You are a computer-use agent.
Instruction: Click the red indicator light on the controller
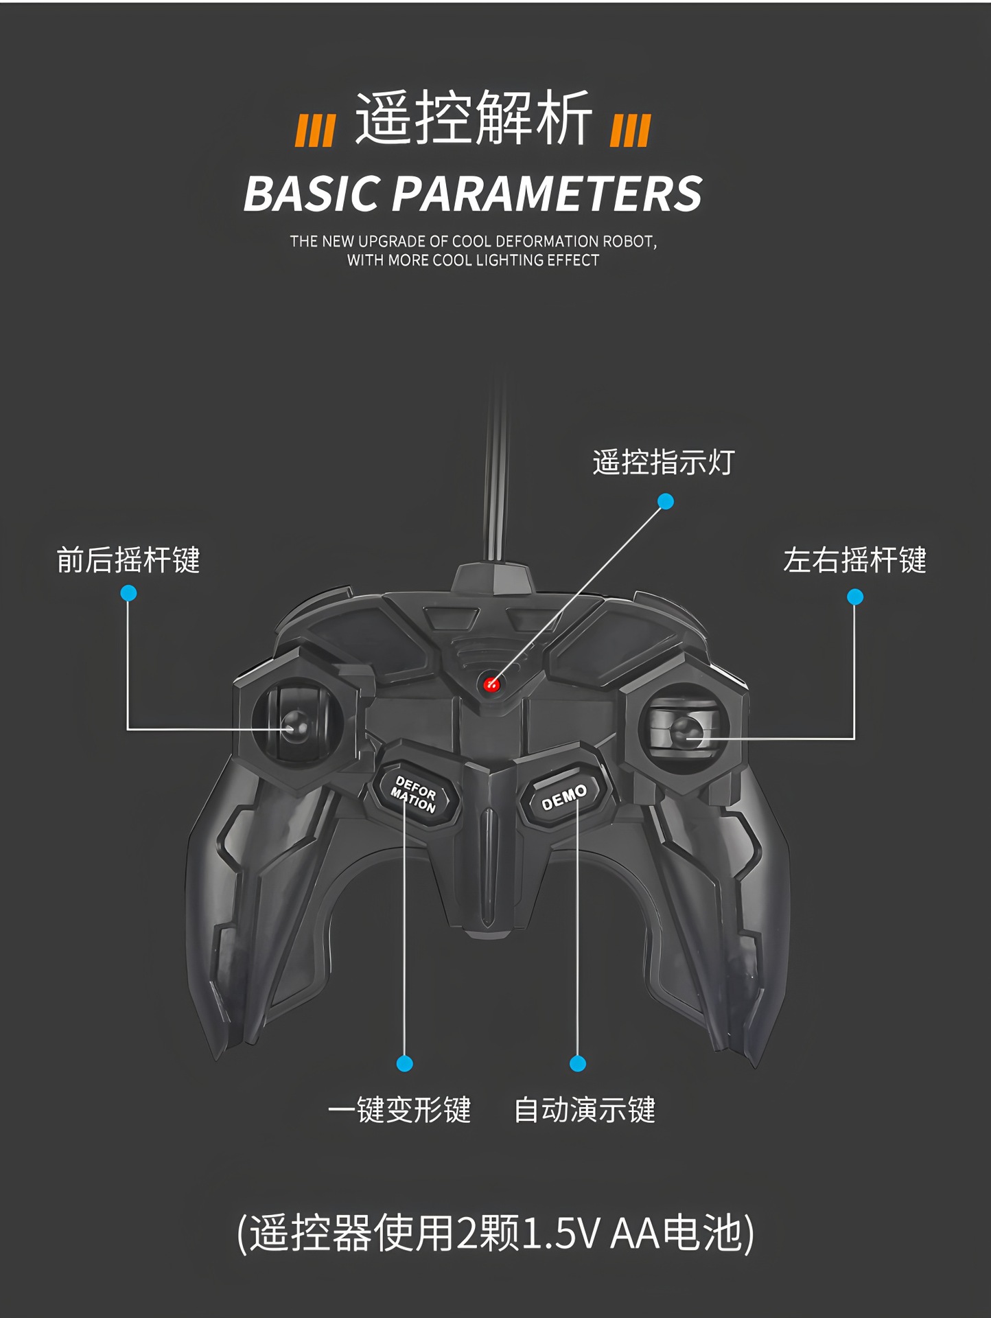tap(491, 684)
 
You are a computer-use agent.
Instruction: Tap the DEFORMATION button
tap(414, 795)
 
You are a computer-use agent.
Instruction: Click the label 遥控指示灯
tap(663, 462)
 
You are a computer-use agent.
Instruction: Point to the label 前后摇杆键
tap(128, 560)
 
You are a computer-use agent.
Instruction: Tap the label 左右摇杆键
tap(854, 560)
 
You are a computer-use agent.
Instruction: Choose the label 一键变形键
tap(399, 1110)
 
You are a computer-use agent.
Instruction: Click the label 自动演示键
tap(585, 1110)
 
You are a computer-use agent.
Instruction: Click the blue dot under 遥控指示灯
tap(665, 502)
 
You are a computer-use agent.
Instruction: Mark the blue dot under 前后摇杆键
tap(128, 593)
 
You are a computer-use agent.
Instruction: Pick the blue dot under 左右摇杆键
tap(854, 597)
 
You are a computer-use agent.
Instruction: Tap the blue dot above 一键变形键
tap(405, 1063)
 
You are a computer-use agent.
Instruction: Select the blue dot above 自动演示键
tap(578, 1063)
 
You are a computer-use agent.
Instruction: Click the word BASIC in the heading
tap(311, 194)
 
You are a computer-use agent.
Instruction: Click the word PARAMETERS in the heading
tap(547, 194)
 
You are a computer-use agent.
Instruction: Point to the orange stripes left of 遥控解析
tap(315, 131)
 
